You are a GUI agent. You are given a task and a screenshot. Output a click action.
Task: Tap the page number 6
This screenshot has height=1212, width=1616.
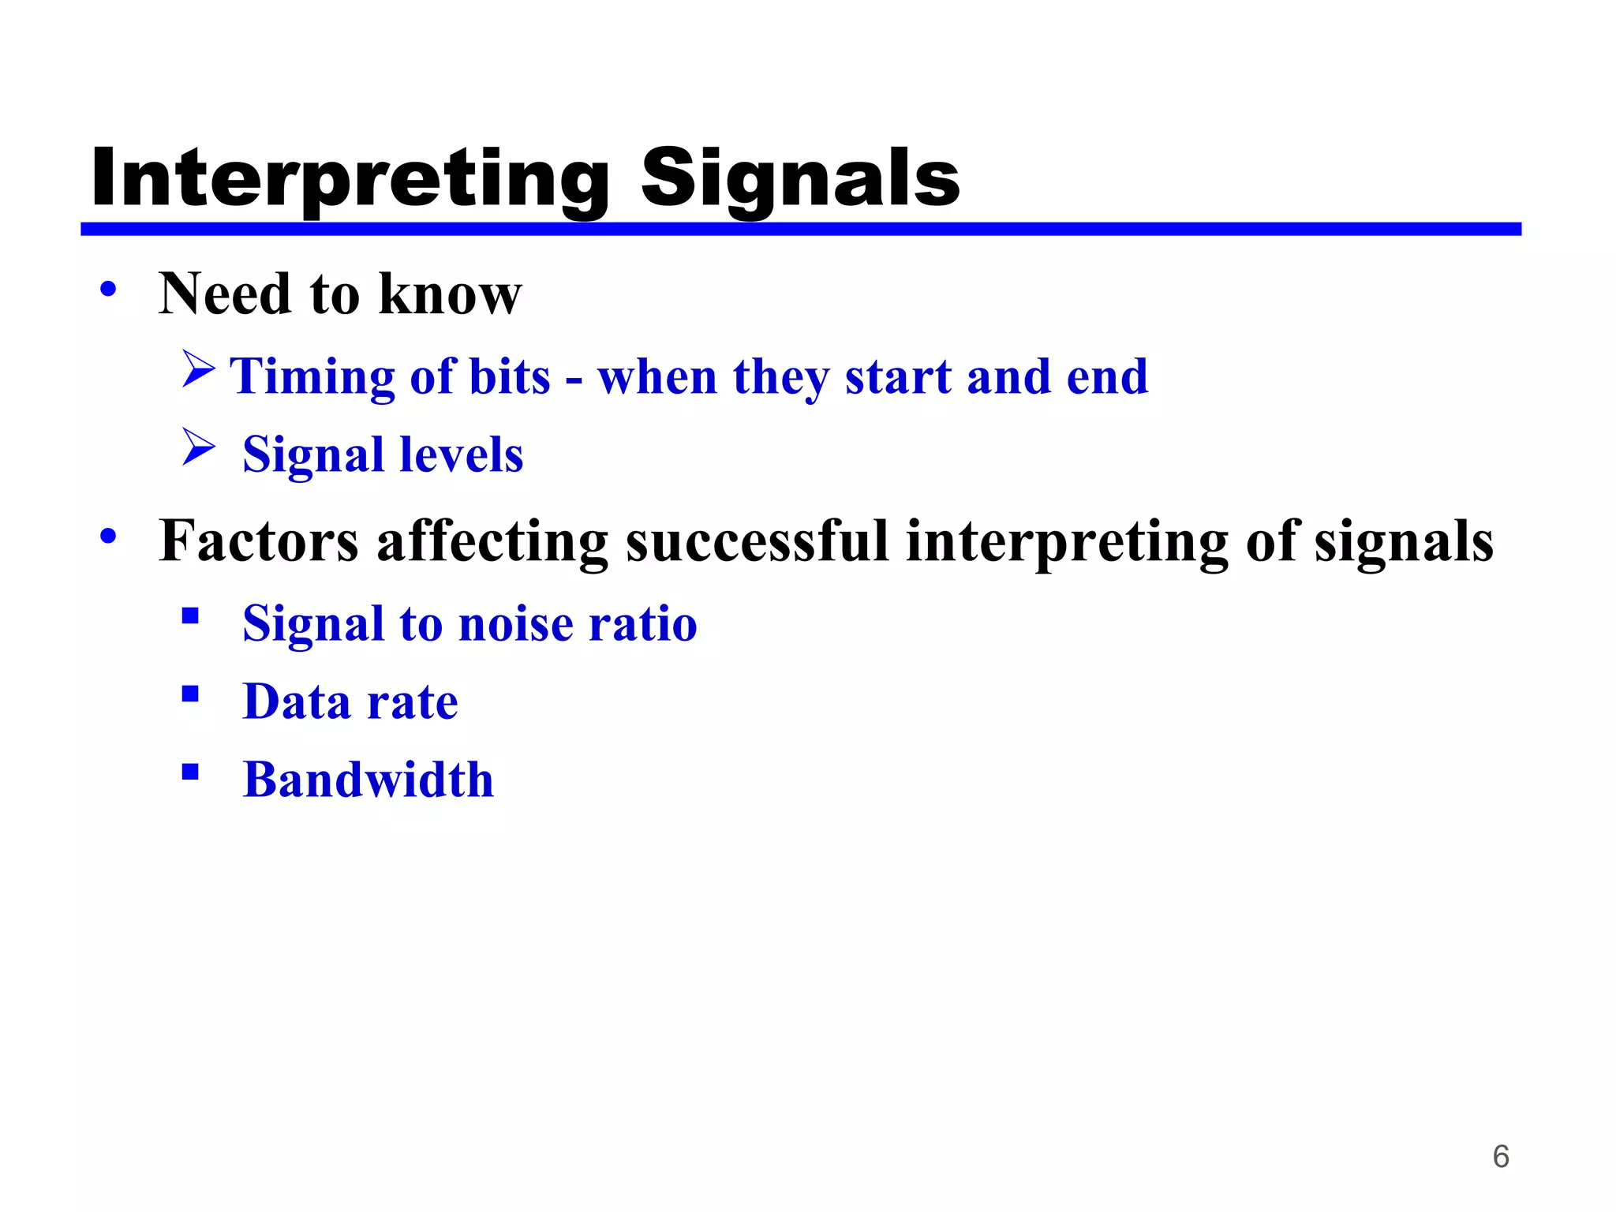click(x=1500, y=1156)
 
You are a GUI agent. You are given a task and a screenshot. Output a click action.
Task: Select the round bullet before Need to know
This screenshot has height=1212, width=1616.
click(x=108, y=289)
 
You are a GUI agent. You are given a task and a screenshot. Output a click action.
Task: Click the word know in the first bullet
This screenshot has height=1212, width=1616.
click(x=450, y=294)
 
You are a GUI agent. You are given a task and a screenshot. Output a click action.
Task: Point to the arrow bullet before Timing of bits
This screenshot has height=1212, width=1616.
click(x=198, y=368)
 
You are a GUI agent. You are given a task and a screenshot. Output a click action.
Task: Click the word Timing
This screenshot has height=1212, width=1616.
click(x=311, y=376)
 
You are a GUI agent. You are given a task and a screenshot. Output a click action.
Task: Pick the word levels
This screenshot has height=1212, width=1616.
click(x=461, y=454)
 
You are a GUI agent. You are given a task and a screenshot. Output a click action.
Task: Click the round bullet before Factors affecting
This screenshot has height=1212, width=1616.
click(x=108, y=537)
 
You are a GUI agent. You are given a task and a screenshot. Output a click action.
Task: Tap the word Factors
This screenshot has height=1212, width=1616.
click(x=259, y=541)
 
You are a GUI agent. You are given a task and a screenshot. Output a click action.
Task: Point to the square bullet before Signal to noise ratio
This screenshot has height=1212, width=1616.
click(x=190, y=615)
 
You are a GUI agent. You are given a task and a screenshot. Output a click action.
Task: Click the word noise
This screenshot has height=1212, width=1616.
click(x=515, y=623)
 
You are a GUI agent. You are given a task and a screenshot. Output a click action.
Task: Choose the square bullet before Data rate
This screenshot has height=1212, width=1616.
click(x=190, y=694)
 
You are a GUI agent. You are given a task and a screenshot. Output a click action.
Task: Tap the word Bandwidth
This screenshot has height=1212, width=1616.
click(x=368, y=780)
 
